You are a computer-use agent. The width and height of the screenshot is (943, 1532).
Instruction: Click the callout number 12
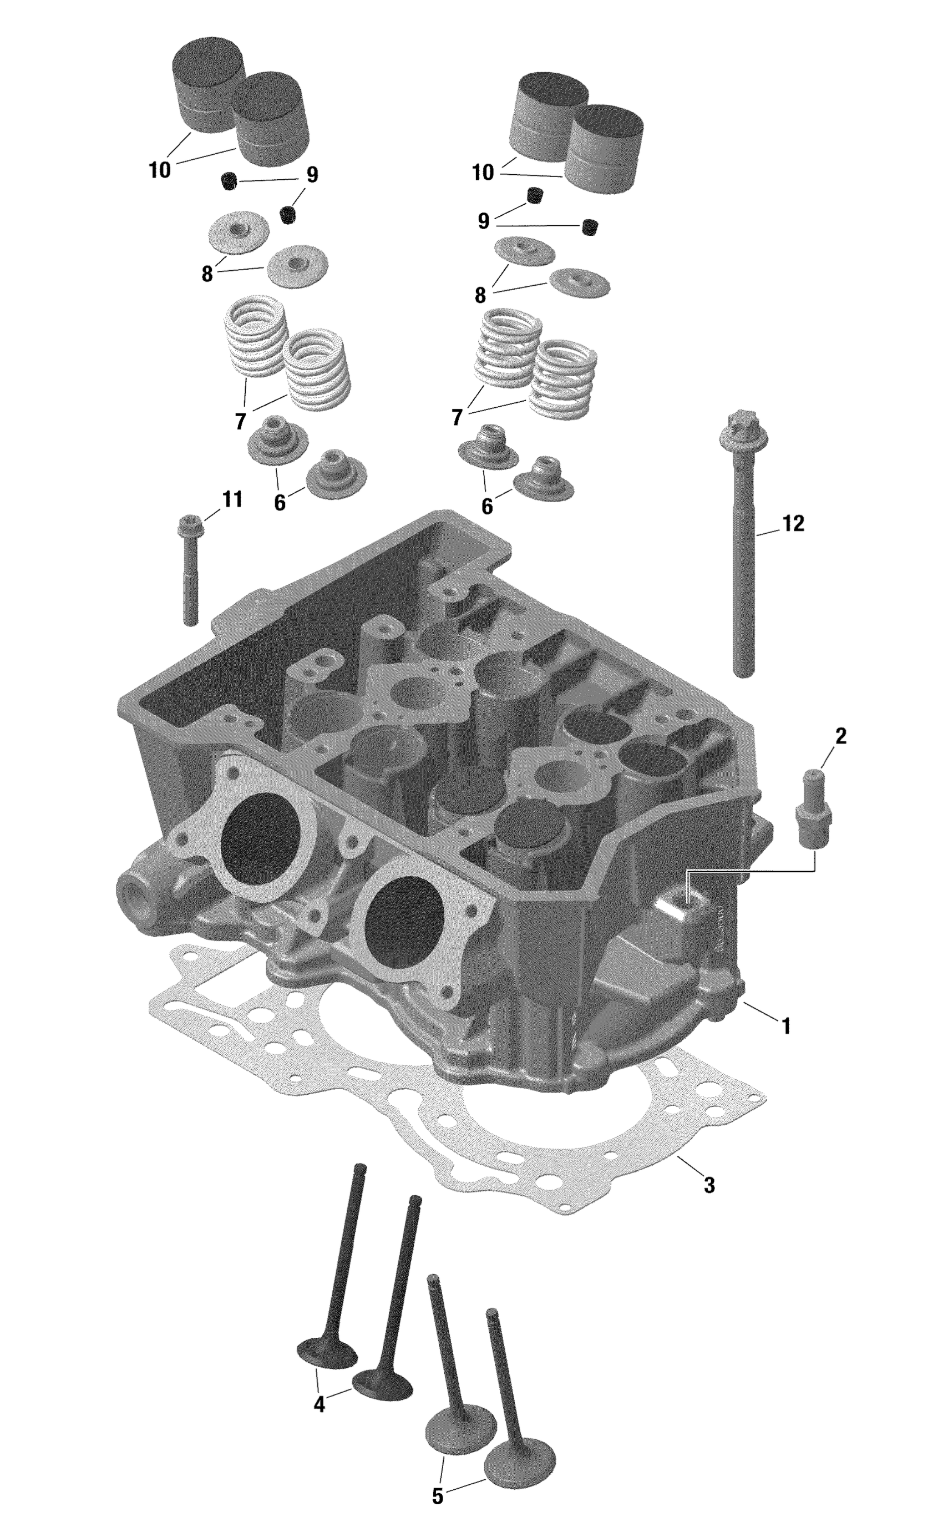click(793, 524)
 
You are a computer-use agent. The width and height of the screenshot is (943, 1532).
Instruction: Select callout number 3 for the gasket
click(709, 1185)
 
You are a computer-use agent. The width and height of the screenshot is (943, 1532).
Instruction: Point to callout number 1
click(787, 1026)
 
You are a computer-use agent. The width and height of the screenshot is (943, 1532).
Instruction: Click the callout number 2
click(841, 737)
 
